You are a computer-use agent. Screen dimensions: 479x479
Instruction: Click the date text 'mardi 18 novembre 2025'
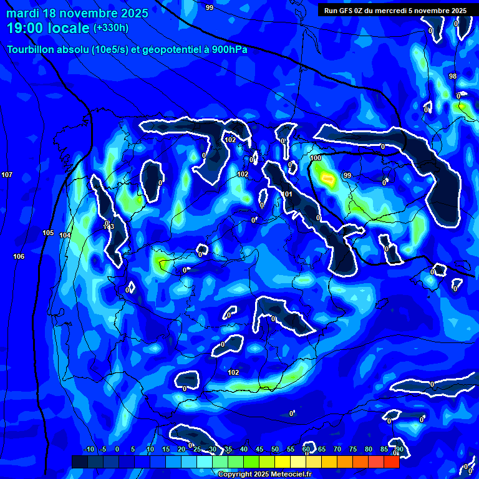tap(77, 13)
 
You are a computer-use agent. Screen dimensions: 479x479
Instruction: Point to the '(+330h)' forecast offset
tap(111, 27)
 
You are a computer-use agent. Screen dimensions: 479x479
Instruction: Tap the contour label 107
tap(7, 175)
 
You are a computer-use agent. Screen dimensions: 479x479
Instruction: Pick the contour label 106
tap(19, 256)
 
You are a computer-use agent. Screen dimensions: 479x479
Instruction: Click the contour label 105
tap(48, 233)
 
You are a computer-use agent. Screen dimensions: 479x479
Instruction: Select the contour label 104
tap(65, 235)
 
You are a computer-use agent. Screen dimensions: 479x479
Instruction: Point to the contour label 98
tap(453, 76)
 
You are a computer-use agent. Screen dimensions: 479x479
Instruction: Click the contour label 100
tap(316, 158)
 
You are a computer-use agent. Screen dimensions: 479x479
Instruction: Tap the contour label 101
tap(288, 195)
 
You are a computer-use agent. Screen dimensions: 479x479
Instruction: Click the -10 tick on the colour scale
tap(89, 449)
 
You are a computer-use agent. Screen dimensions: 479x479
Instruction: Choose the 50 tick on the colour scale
tap(275, 449)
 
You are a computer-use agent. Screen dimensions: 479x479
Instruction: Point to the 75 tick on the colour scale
tap(353, 449)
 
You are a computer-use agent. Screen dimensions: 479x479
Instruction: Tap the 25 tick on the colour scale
tap(197, 449)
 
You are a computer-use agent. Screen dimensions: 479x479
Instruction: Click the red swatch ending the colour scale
tap(391, 462)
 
